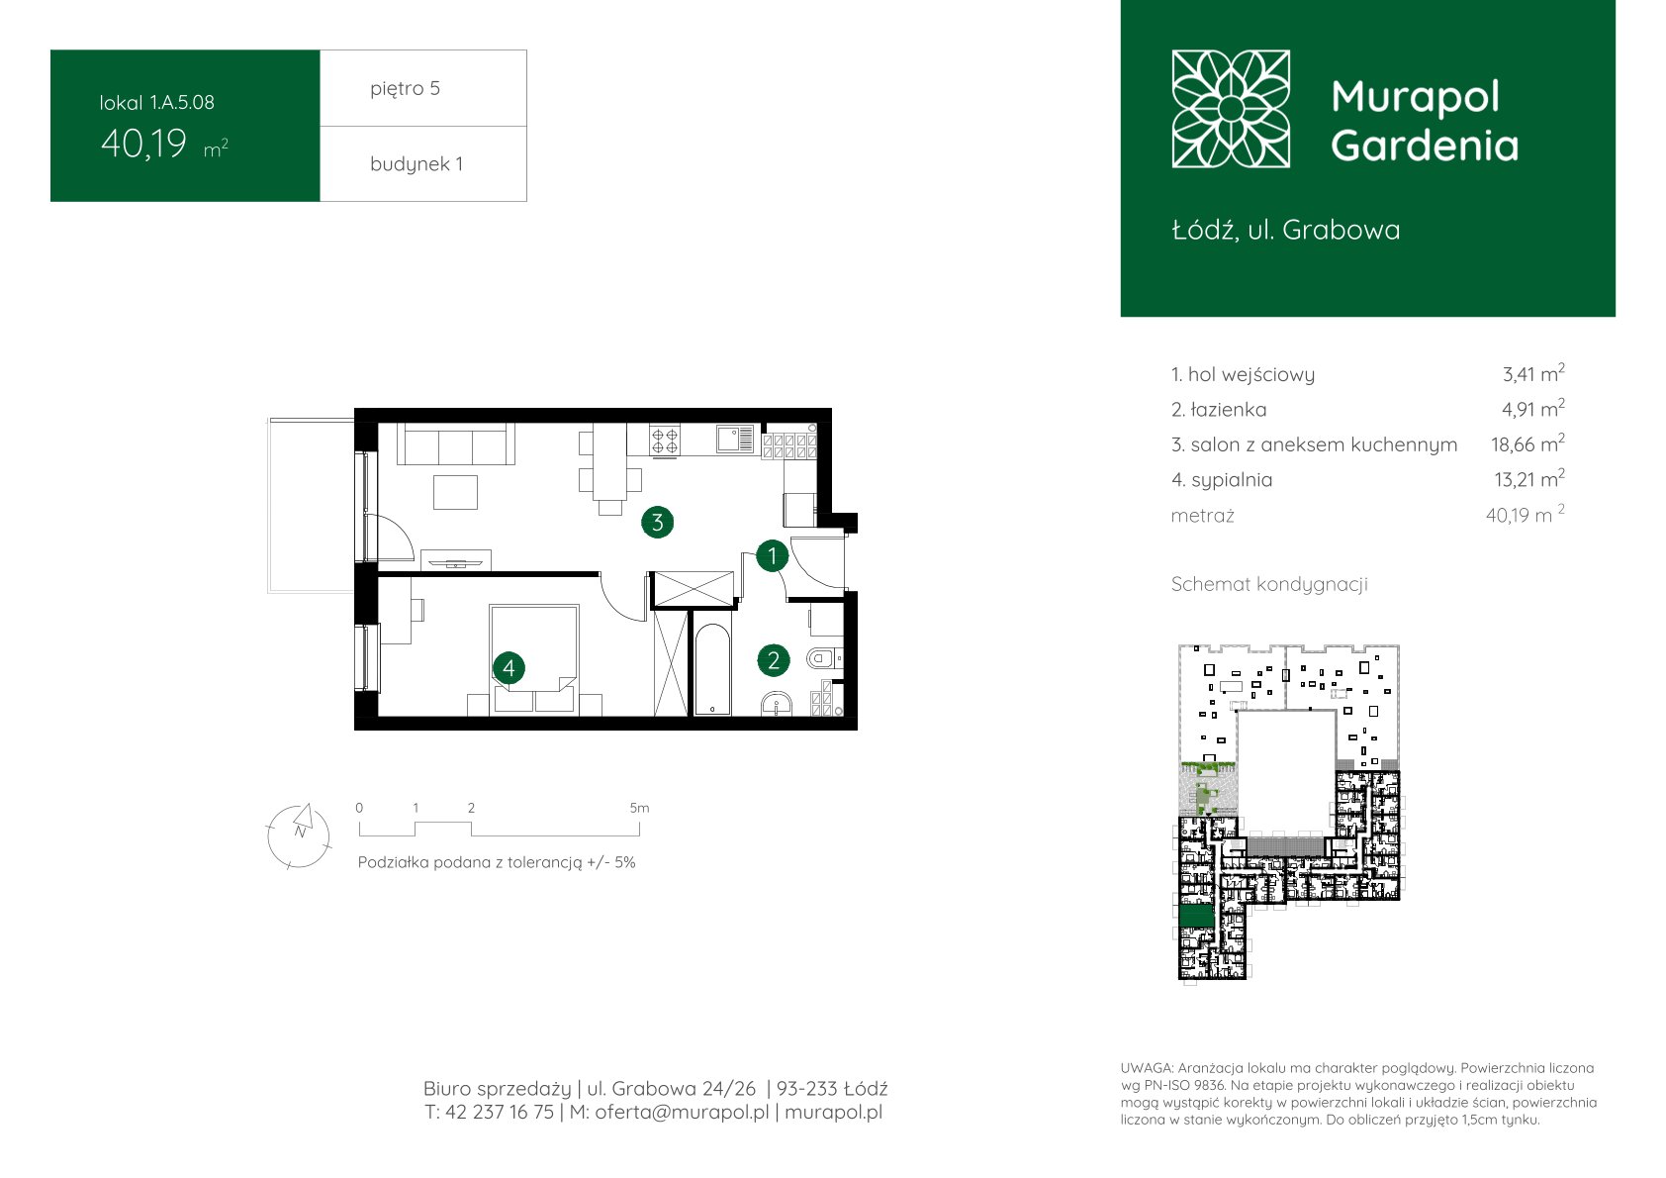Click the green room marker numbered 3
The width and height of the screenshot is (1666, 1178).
(x=657, y=523)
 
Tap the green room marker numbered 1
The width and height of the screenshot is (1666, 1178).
(x=772, y=556)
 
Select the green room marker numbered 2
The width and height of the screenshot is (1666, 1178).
(x=774, y=660)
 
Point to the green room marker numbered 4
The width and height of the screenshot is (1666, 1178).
(x=509, y=667)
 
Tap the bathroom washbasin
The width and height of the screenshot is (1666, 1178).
(x=777, y=704)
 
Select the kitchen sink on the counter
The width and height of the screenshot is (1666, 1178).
(x=735, y=440)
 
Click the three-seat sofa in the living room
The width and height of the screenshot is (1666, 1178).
(x=456, y=443)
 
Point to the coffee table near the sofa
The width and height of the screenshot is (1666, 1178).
(x=455, y=493)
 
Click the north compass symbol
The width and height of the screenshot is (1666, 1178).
(x=298, y=835)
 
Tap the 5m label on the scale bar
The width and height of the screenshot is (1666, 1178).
(x=639, y=808)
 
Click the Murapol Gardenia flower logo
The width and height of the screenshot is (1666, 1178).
(x=1231, y=109)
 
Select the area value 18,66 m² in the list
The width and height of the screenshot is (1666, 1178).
(x=1527, y=443)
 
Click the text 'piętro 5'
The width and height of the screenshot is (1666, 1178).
(x=406, y=88)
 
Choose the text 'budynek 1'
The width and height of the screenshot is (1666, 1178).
(x=416, y=163)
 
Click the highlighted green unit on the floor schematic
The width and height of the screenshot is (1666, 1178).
(x=1197, y=916)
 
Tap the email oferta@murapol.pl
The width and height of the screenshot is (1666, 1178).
(x=682, y=1112)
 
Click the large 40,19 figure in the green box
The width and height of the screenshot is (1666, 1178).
(x=143, y=144)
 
